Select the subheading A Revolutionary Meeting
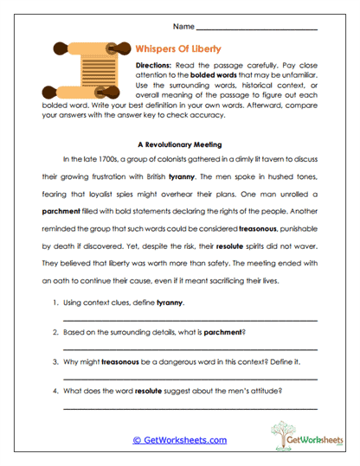coord(180,144)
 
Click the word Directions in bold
coord(157,66)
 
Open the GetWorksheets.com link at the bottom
coord(179,440)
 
